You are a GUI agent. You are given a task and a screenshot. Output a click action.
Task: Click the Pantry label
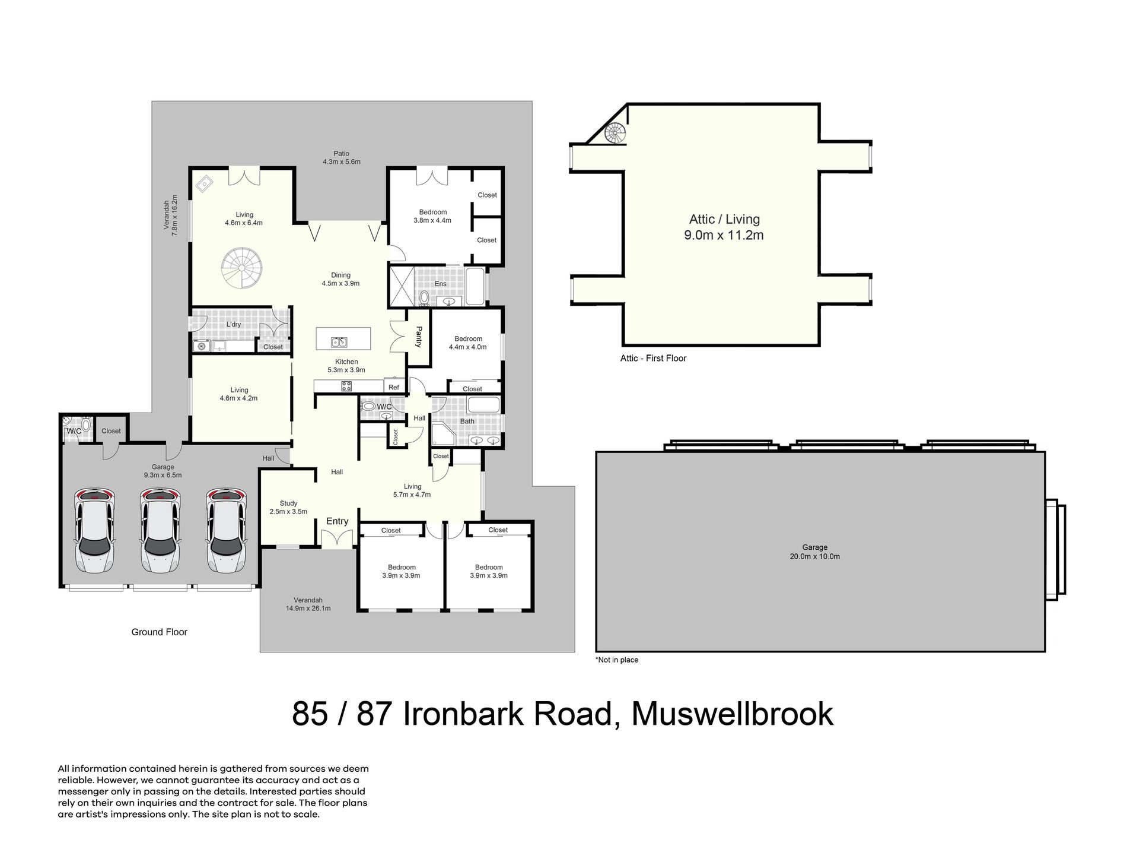pyautogui.click(x=419, y=336)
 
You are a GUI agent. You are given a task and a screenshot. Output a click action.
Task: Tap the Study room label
pyautogui.click(x=288, y=507)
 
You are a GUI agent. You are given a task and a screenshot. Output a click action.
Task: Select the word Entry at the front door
pyautogui.click(x=338, y=521)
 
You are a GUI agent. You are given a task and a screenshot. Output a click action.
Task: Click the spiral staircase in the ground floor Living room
pyautogui.click(x=242, y=268)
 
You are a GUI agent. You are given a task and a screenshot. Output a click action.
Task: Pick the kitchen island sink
pyautogui.click(x=340, y=342)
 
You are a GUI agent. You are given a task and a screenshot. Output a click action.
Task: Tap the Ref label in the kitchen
pyautogui.click(x=394, y=387)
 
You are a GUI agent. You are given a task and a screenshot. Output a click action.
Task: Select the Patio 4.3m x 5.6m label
pyautogui.click(x=341, y=157)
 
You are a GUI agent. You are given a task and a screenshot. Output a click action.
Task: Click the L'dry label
pyautogui.click(x=234, y=324)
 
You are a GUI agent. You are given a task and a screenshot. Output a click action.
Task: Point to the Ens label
pyautogui.click(x=440, y=284)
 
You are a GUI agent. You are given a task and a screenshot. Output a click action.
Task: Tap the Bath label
pyautogui.click(x=467, y=422)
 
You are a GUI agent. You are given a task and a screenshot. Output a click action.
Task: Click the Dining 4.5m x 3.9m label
pyautogui.click(x=340, y=279)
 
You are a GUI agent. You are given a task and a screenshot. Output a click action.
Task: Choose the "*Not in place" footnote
pyautogui.click(x=617, y=660)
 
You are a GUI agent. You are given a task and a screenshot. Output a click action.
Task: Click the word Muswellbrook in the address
pyautogui.click(x=733, y=714)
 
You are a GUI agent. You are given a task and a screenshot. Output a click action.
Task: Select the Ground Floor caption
pyautogui.click(x=159, y=632)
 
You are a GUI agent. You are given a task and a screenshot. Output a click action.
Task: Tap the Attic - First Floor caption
pyautogui.click(x=653, y=358)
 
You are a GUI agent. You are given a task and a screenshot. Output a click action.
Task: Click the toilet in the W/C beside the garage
pyautogui.click(x=85, y=424)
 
